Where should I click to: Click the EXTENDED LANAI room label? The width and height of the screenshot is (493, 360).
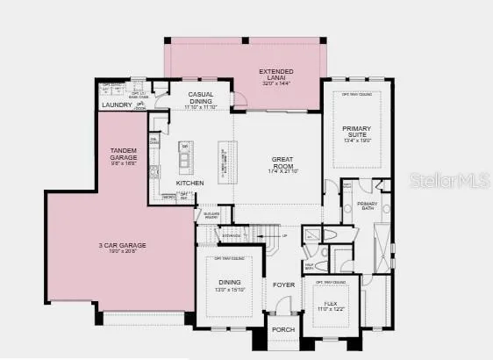tap(276, 71)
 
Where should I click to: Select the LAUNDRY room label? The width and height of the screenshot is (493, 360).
tap(117, 105)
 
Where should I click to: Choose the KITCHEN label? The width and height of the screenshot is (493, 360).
tap(189, 183)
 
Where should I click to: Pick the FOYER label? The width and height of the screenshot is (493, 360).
tap(283, 284)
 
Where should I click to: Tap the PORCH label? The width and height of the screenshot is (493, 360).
tap(282, 330)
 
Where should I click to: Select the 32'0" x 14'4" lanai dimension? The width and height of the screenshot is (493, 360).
tap(276, 83)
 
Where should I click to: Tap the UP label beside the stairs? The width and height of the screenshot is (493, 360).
tap(284, 236)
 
